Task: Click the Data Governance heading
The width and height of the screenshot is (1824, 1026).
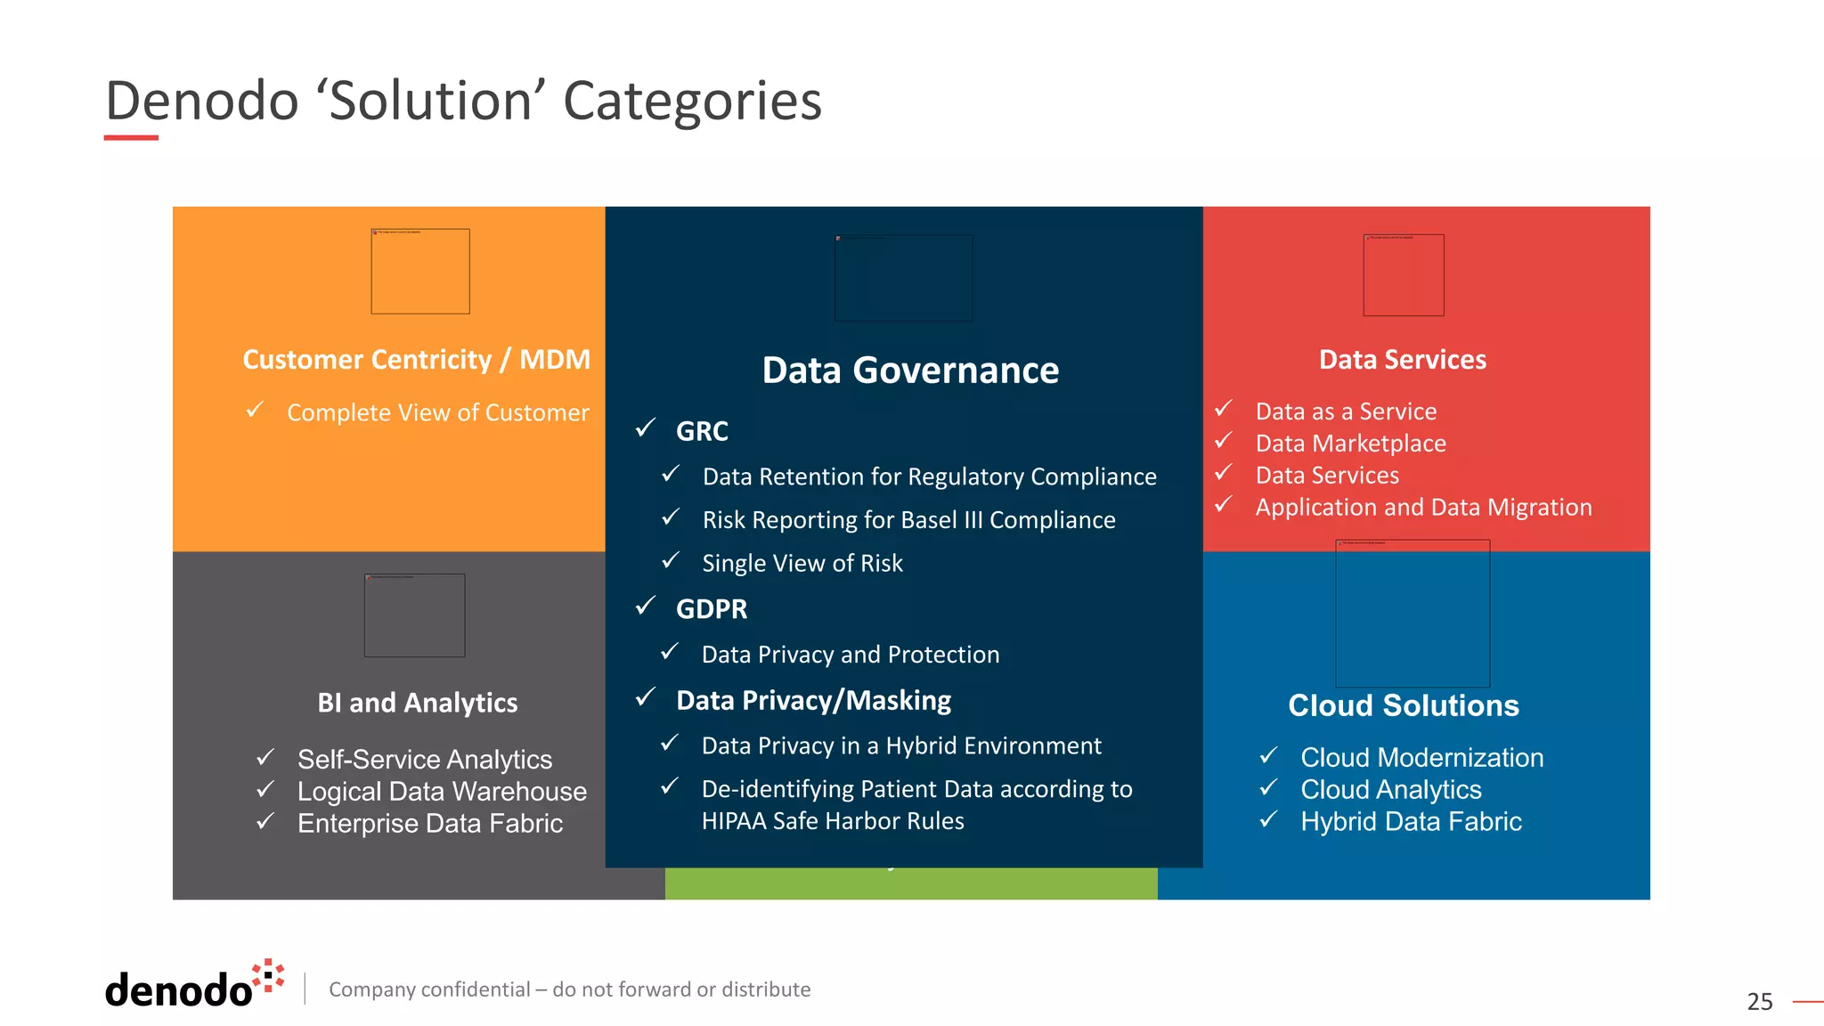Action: point(910,370)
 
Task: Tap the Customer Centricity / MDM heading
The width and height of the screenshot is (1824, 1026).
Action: point(416,360)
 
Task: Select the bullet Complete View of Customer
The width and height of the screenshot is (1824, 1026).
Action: point(437,413)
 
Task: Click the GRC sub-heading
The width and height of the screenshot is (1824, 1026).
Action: point(702,431)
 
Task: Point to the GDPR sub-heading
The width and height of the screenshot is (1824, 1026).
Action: point(711,609)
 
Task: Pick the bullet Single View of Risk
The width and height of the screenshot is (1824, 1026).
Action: point(802,564)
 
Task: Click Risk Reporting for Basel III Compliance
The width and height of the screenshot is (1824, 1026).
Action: point(908,520)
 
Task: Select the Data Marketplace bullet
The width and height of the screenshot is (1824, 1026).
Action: point(1350,444)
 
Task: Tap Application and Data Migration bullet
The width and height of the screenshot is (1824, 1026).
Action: point(1423,508)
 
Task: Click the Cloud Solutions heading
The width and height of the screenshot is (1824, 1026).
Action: point(1403,705)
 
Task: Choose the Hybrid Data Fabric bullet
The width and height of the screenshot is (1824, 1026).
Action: point(1411,822)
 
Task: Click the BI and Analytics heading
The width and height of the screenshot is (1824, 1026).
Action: point(417,704)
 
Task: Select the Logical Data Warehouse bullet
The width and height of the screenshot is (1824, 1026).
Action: point(442,792)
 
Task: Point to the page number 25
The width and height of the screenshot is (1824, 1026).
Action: point(1759,1002)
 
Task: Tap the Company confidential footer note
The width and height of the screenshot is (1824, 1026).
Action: point(569,989)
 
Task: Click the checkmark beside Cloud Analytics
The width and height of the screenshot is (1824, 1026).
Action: point(1268,788)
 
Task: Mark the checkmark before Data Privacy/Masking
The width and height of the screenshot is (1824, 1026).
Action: point(646,697)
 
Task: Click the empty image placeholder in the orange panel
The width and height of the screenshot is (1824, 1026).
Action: point(420,272)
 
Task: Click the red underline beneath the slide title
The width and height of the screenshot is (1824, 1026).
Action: point(131,138)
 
